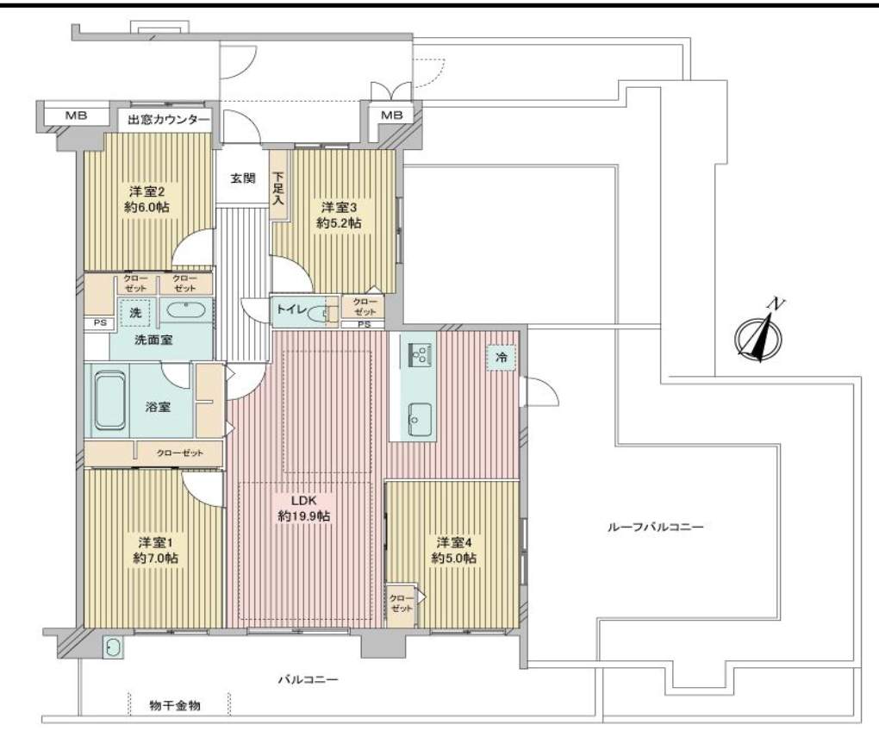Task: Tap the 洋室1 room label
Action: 155,542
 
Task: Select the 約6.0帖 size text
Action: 146,207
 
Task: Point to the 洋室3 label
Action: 339,207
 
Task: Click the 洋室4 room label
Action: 454,542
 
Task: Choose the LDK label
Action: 304,499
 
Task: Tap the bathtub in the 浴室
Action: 109,400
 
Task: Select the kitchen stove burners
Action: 420,354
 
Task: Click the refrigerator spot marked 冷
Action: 501,356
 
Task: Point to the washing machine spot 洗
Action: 135,312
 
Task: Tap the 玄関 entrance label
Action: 243,178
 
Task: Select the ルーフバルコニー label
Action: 655,527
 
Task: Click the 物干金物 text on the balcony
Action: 175,705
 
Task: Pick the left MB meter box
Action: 76,116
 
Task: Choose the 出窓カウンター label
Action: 169,120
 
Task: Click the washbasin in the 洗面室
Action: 185,310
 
